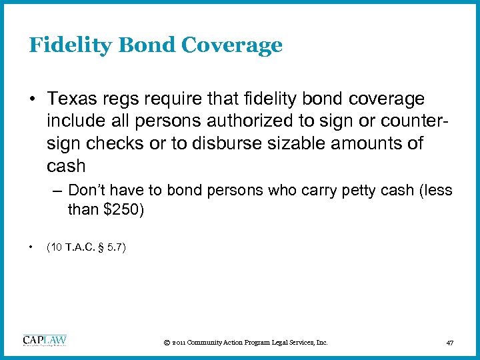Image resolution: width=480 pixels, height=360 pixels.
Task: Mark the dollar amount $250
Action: click(x=119, y=210)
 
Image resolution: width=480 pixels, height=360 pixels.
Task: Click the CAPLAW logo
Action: click(x=45, y=341)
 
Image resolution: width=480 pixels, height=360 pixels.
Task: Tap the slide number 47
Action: click(x=450, y=343)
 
